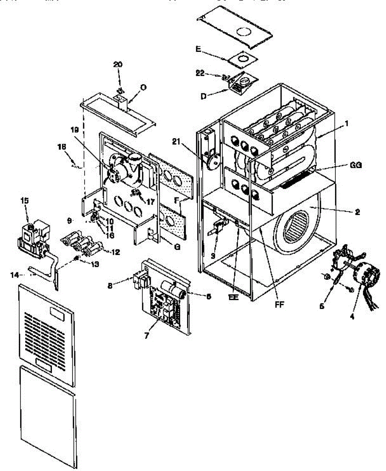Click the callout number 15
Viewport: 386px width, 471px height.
coord(25,201)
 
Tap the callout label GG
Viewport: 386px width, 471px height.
coord(356,165)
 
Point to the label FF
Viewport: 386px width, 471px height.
coord(280,303)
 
